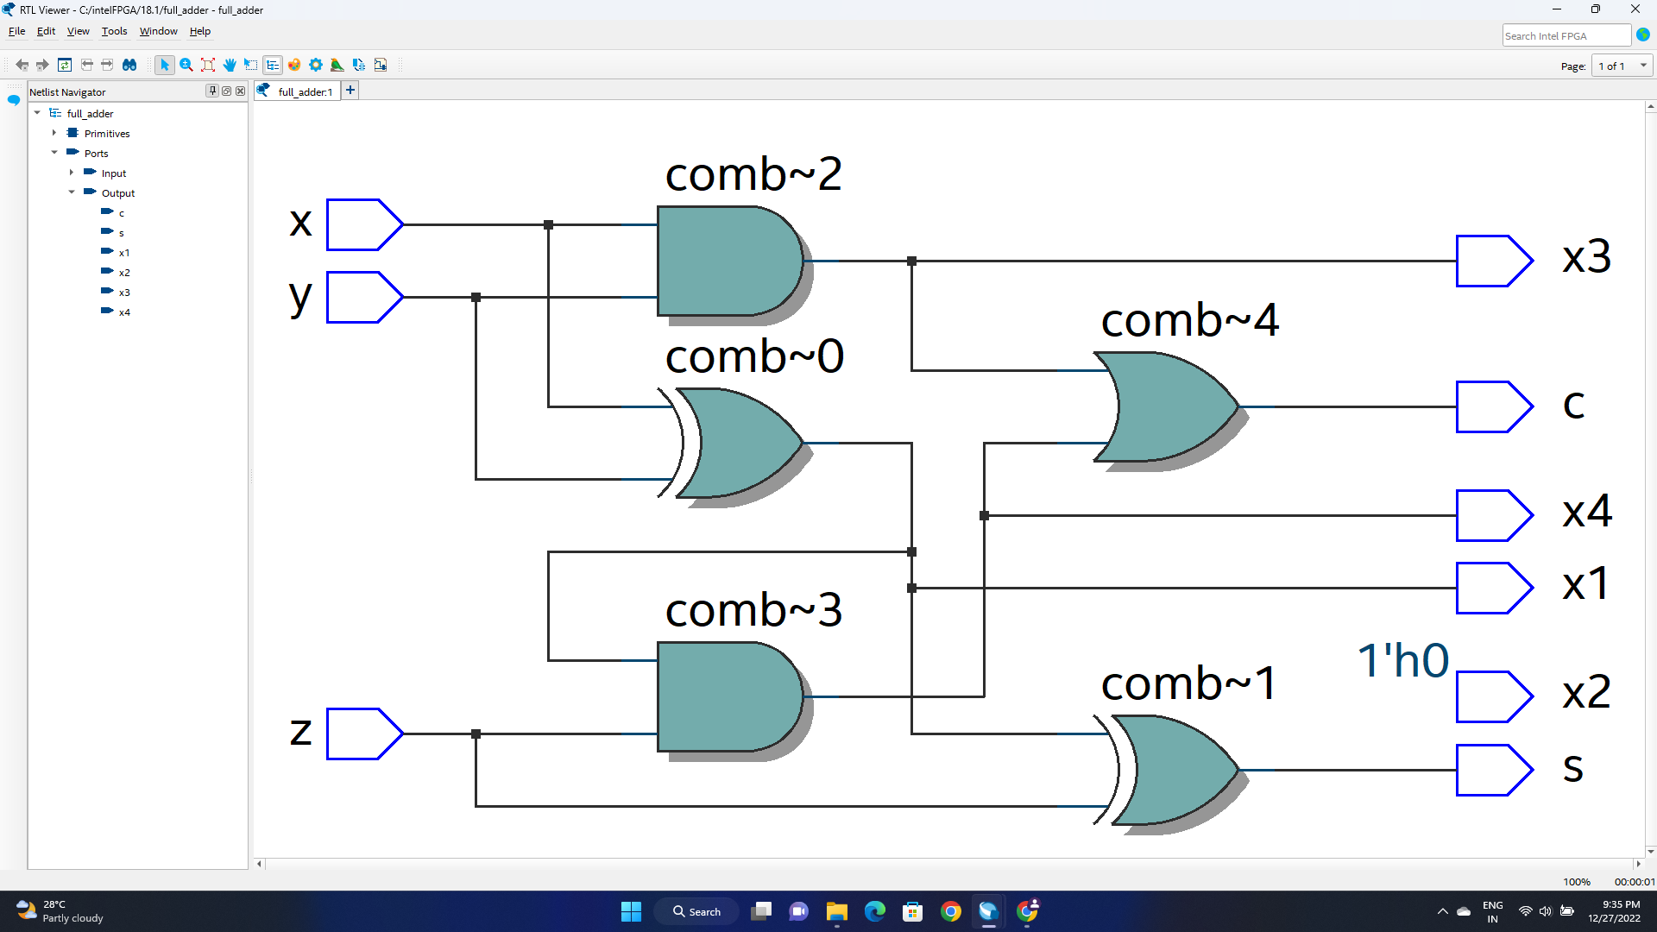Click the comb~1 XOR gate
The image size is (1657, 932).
pyautogui.click(x=1174, y=770)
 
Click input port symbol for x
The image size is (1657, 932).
pyautogui.click(x=363, y=224)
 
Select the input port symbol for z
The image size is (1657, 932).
pyautogui.click(x=363, y=734)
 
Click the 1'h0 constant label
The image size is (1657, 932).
pyautogui.click(x=1402, y=661)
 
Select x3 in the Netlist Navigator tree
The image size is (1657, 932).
pyautogui.click(x=124, y=293)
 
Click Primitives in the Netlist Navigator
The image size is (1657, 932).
pyautogui.click(x=107, y=134)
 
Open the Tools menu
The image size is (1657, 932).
pyautogui.click(x=114, y=31)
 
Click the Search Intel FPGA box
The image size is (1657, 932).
pyautogui.click(x=1565, y=35)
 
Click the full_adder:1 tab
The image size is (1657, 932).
pyautogui.click(x=305, y=91)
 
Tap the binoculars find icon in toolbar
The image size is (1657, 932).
pyautogui.click(x=129, y=65)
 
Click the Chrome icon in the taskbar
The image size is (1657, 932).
pyautogui.click(x=950, y=911)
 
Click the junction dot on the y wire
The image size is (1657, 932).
pyautogui.click(x=476, y=297)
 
